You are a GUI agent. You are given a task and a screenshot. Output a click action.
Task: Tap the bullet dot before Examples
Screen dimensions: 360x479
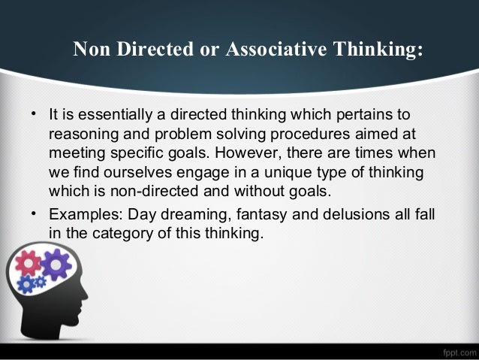[x=35, y=214]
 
